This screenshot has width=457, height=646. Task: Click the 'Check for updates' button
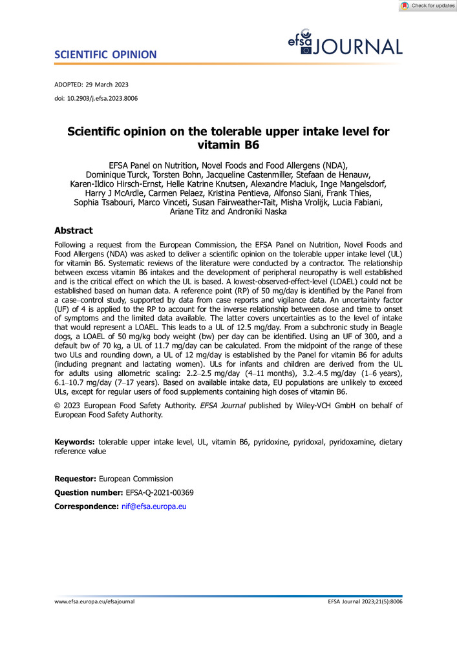[x=427, y=6]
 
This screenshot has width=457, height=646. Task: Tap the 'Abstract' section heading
[x=73, y=230]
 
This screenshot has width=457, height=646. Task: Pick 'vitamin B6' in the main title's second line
[x=229, y=146]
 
